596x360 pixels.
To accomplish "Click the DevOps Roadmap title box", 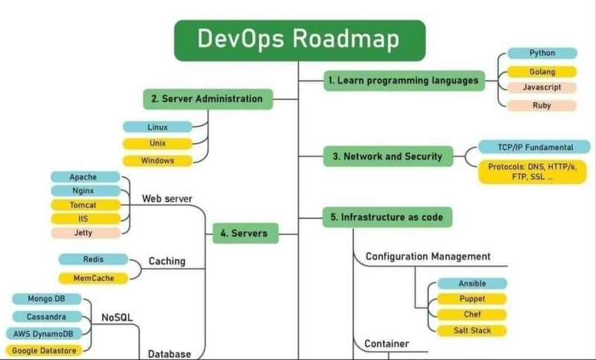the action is (300, 40).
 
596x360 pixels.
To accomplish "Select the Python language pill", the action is (542, 53).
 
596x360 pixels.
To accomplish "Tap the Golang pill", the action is (542, 72).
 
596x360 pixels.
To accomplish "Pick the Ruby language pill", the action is (542, 106).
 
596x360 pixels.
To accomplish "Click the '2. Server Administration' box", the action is (208, 99).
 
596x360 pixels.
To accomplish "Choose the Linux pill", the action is (157, 127).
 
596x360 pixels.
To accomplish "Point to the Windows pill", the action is (157, 161).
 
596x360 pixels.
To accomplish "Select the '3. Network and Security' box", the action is (388, 157).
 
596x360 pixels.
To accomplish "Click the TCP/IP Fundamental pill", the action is (534, 147).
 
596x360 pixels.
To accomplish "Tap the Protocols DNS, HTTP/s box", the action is (532, 172).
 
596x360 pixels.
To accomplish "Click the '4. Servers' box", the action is (245, 233).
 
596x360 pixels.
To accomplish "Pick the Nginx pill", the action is (86, 191).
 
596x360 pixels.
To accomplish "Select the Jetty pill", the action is (86, 233).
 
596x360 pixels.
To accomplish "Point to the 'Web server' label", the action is (167, 199).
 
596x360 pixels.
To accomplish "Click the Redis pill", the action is (93, 259).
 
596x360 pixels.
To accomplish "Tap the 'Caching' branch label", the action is (167, 261).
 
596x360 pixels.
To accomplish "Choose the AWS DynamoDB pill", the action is (44, 334).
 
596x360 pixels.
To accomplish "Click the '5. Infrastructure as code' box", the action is (387, 217).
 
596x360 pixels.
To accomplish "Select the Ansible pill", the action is (472, 283).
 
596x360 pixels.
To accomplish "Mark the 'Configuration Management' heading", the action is (428, 256).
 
